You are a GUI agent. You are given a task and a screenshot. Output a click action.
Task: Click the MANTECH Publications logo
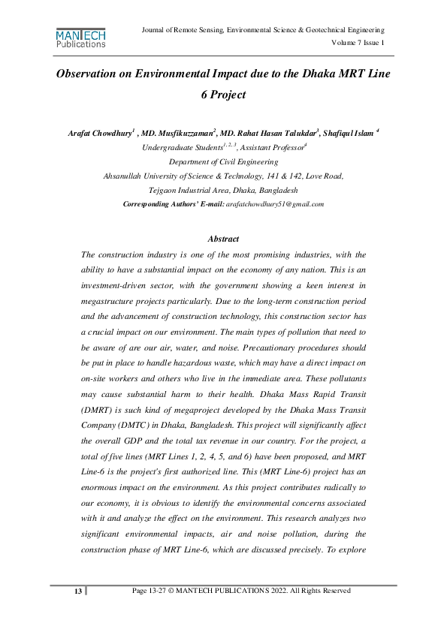pos(81,38)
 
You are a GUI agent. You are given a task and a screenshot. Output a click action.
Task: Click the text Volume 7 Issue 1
pos(358,43)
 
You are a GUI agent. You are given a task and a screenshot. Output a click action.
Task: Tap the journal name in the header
pos(263,29)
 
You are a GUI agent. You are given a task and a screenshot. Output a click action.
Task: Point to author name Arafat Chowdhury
pos(99,134)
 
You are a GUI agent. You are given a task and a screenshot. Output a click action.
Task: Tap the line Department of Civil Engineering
pos(222,161)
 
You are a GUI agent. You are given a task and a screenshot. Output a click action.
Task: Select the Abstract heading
pos(223,239)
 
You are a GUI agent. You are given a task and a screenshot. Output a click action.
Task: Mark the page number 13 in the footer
pos(77,591)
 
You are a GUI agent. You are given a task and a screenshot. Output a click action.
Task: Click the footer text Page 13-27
pos(151,591)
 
